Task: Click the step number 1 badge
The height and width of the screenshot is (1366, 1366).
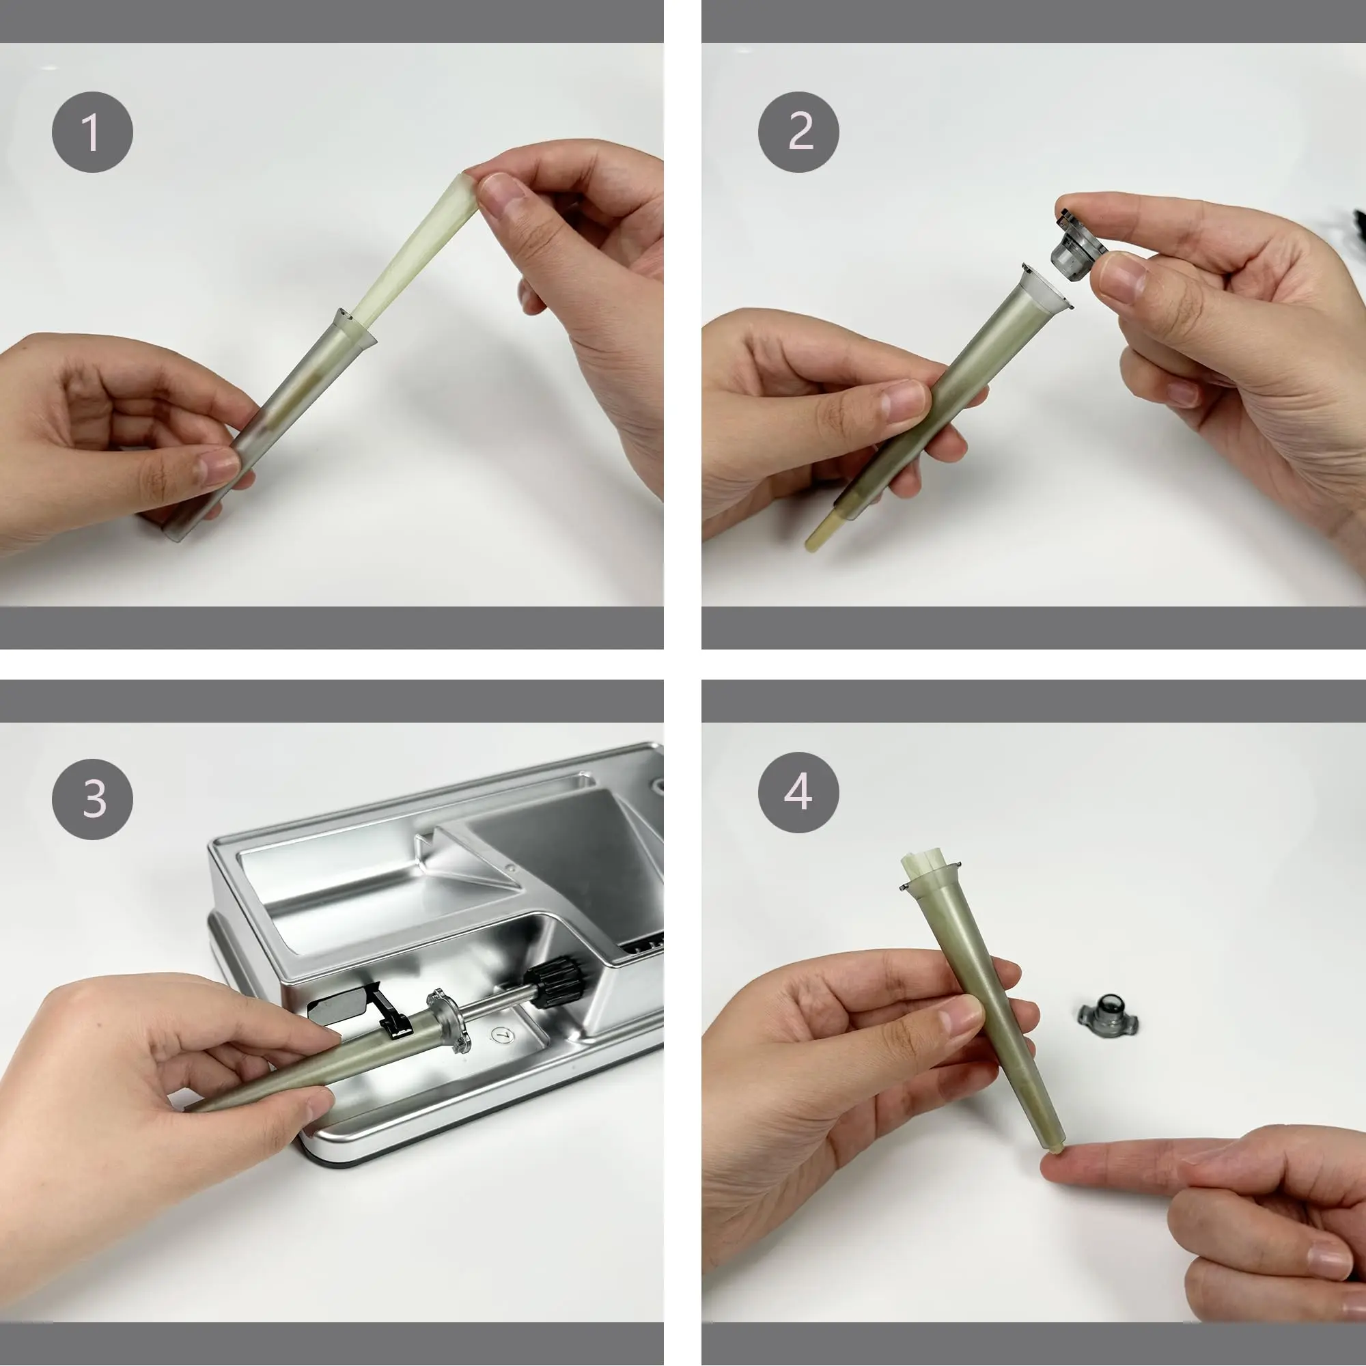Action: tap(92, 132)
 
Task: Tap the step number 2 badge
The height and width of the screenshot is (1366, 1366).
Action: tap(798, 132)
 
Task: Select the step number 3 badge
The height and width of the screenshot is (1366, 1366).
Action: tap(92, 799)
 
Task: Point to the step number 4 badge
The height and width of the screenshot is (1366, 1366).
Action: tap(798, 792)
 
